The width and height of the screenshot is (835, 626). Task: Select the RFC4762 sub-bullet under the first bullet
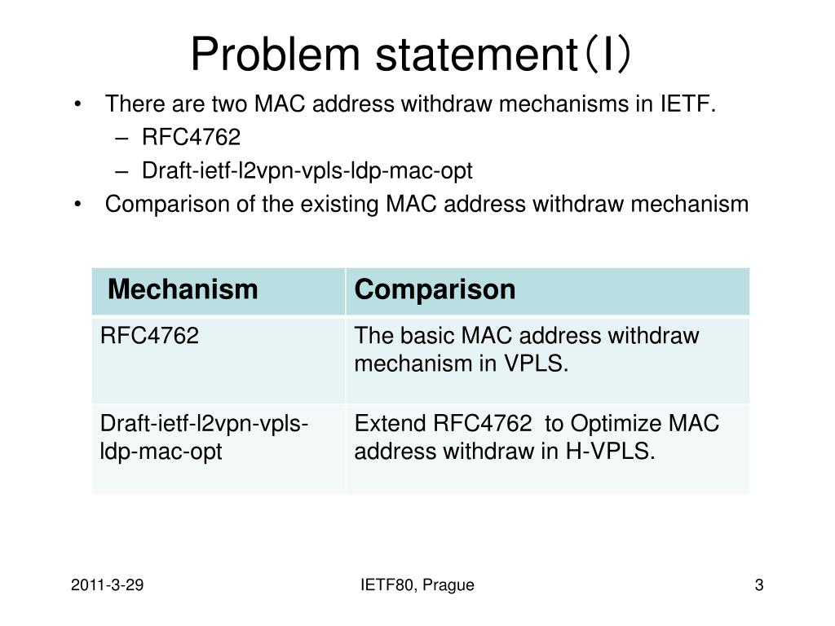192,138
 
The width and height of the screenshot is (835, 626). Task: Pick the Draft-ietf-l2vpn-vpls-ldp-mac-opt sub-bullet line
307,171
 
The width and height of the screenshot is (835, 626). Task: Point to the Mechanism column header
183,289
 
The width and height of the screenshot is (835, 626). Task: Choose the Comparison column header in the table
435,289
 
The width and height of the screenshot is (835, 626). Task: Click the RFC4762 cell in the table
149,336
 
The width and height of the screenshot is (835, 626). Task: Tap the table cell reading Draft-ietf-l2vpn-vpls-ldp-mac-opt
204,438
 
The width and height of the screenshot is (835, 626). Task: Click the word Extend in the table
390,424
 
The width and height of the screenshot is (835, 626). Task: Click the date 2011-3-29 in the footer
108,585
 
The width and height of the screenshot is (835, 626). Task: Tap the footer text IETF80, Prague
417,585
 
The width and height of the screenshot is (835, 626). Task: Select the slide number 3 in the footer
759,585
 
